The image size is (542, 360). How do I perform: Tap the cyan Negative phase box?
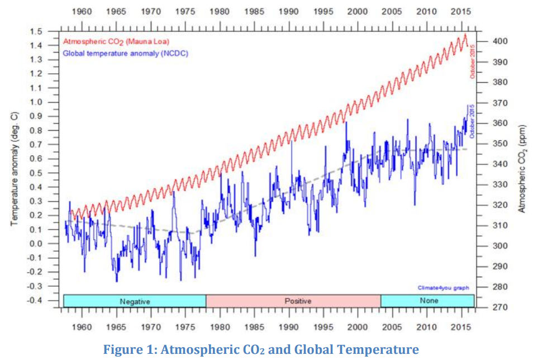coord(135,301)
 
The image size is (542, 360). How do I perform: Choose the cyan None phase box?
coord(427,301)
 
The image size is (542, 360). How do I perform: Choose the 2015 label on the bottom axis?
coord(462,326)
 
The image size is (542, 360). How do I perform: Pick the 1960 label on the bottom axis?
coord(82,326)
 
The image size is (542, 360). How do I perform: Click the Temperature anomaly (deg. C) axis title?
coord(15,168)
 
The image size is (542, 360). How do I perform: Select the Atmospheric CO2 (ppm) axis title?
coord(522,168)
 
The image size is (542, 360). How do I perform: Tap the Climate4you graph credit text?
coord(443,288)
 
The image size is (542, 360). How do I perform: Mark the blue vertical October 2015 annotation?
coord(473,121)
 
